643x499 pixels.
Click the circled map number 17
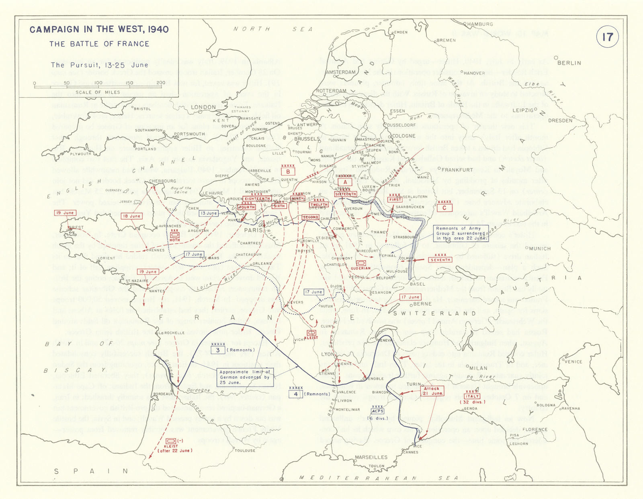pyautogui.click(x=607, y=37)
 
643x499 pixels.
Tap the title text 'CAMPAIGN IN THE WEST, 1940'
pyautogui.click(x=99, y=29)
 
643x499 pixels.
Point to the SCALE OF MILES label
pyautogui.click(x=98, y=92)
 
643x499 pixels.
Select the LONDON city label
pyautogui.click(x=203, y=107)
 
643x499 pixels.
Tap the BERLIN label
pyautogui.click(x=569, y=63)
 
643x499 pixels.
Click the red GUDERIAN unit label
pyautogui.click(x=360, y=268)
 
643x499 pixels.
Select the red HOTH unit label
pyautogui.click(x=175, y=240)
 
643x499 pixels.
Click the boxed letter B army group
pyautogui.click(x=288, y=172)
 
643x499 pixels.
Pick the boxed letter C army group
pyautogui.click(x=444, y=208)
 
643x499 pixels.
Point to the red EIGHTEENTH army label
pyautogui.click(x=257, y=198)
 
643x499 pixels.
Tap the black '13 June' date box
pyautogui.click(x=209, y=213)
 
